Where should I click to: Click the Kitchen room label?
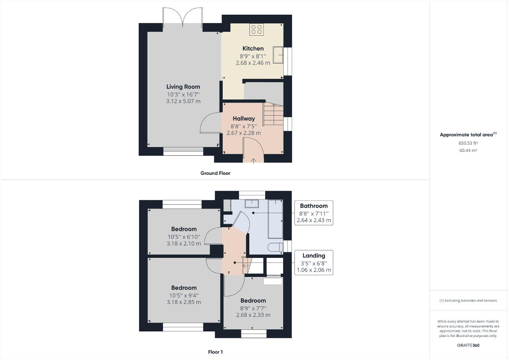click(253, 48)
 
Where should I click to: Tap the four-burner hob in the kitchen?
click(256, 29)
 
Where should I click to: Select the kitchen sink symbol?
click(278, 55)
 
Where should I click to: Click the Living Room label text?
click(183, 87)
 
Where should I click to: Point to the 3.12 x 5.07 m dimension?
click(183, 101)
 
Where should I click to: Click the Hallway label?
click(244, 119)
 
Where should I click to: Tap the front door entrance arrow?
click(253, 160)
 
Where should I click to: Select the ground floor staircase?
click(273, 114)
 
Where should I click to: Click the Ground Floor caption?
click(215, 173)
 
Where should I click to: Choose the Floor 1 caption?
click(215, 352)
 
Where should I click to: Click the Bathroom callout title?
click(314, 206)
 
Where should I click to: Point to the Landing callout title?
click(314, 255)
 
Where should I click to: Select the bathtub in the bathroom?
click(276, 219)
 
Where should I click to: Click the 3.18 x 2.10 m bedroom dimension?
click(184, 244)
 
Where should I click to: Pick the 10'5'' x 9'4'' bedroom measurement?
click(184, 296)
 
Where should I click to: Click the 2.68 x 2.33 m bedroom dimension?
click(253, 315)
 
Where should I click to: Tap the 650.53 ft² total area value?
click(468, 143)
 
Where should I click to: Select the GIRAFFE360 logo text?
click(468, 345)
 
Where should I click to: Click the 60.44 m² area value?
click(468, 150)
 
